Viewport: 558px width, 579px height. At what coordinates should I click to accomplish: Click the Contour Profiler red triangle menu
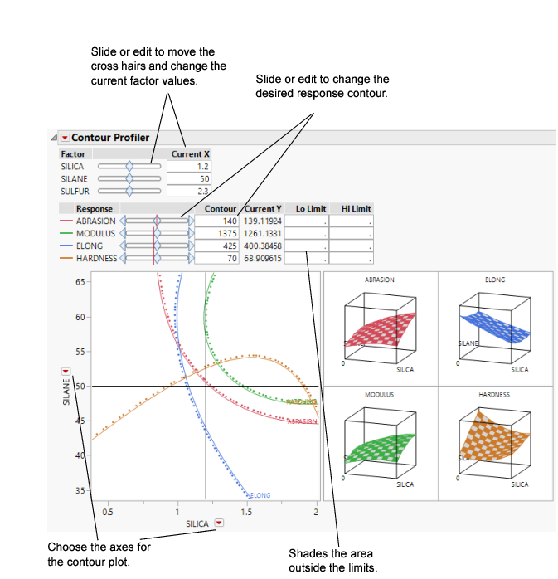point(65,138)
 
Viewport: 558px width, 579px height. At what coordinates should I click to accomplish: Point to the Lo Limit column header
point(310,209)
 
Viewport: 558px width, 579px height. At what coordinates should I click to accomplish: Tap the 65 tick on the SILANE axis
point(80,282)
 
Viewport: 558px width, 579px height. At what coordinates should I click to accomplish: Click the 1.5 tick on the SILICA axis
point(247,512)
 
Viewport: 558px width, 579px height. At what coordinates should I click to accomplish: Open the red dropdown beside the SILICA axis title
point(219,523)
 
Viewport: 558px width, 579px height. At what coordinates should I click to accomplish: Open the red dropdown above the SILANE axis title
point(66,372)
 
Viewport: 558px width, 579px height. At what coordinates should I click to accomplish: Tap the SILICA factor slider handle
point(129,167)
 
